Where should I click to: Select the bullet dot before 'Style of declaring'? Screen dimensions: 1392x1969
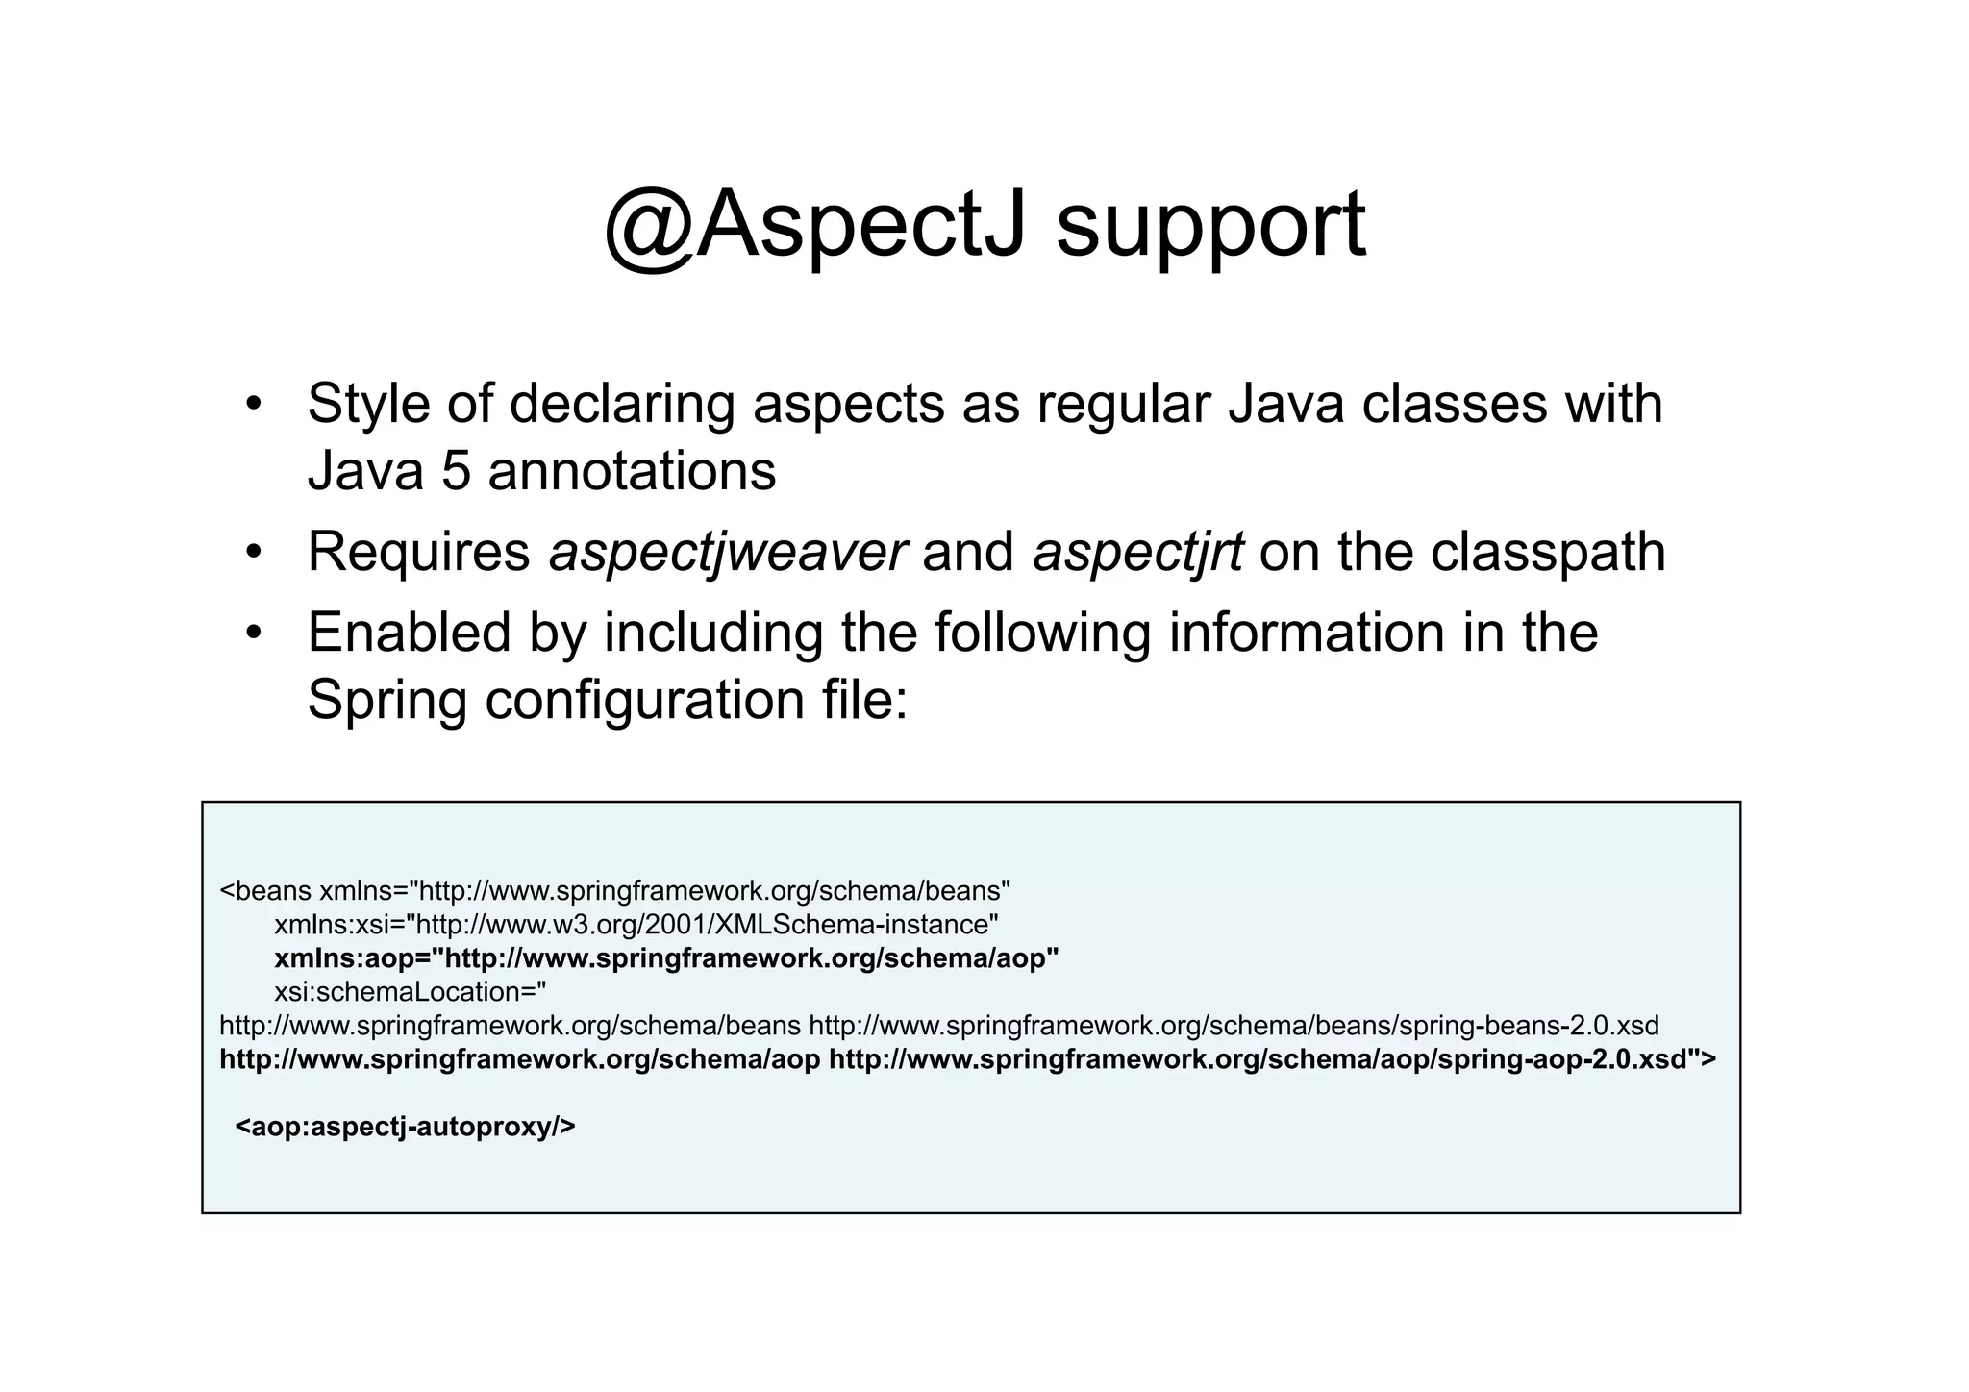253,403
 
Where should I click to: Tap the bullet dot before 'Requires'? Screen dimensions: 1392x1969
253,552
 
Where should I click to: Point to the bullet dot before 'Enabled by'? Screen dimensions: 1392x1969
253,633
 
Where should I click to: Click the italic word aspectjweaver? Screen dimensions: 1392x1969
727,553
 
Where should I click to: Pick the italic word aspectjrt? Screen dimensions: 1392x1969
1137,553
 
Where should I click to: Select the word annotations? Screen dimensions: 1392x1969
632,471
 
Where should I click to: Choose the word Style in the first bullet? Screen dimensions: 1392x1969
367,404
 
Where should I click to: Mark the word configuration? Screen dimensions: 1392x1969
644,701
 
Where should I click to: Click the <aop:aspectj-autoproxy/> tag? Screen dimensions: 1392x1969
405,1126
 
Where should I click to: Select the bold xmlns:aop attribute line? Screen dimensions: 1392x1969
666,958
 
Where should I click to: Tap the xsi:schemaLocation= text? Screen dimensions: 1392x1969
410,991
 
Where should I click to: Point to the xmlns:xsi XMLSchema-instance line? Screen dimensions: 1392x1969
636,925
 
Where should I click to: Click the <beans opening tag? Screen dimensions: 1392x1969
265,891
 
